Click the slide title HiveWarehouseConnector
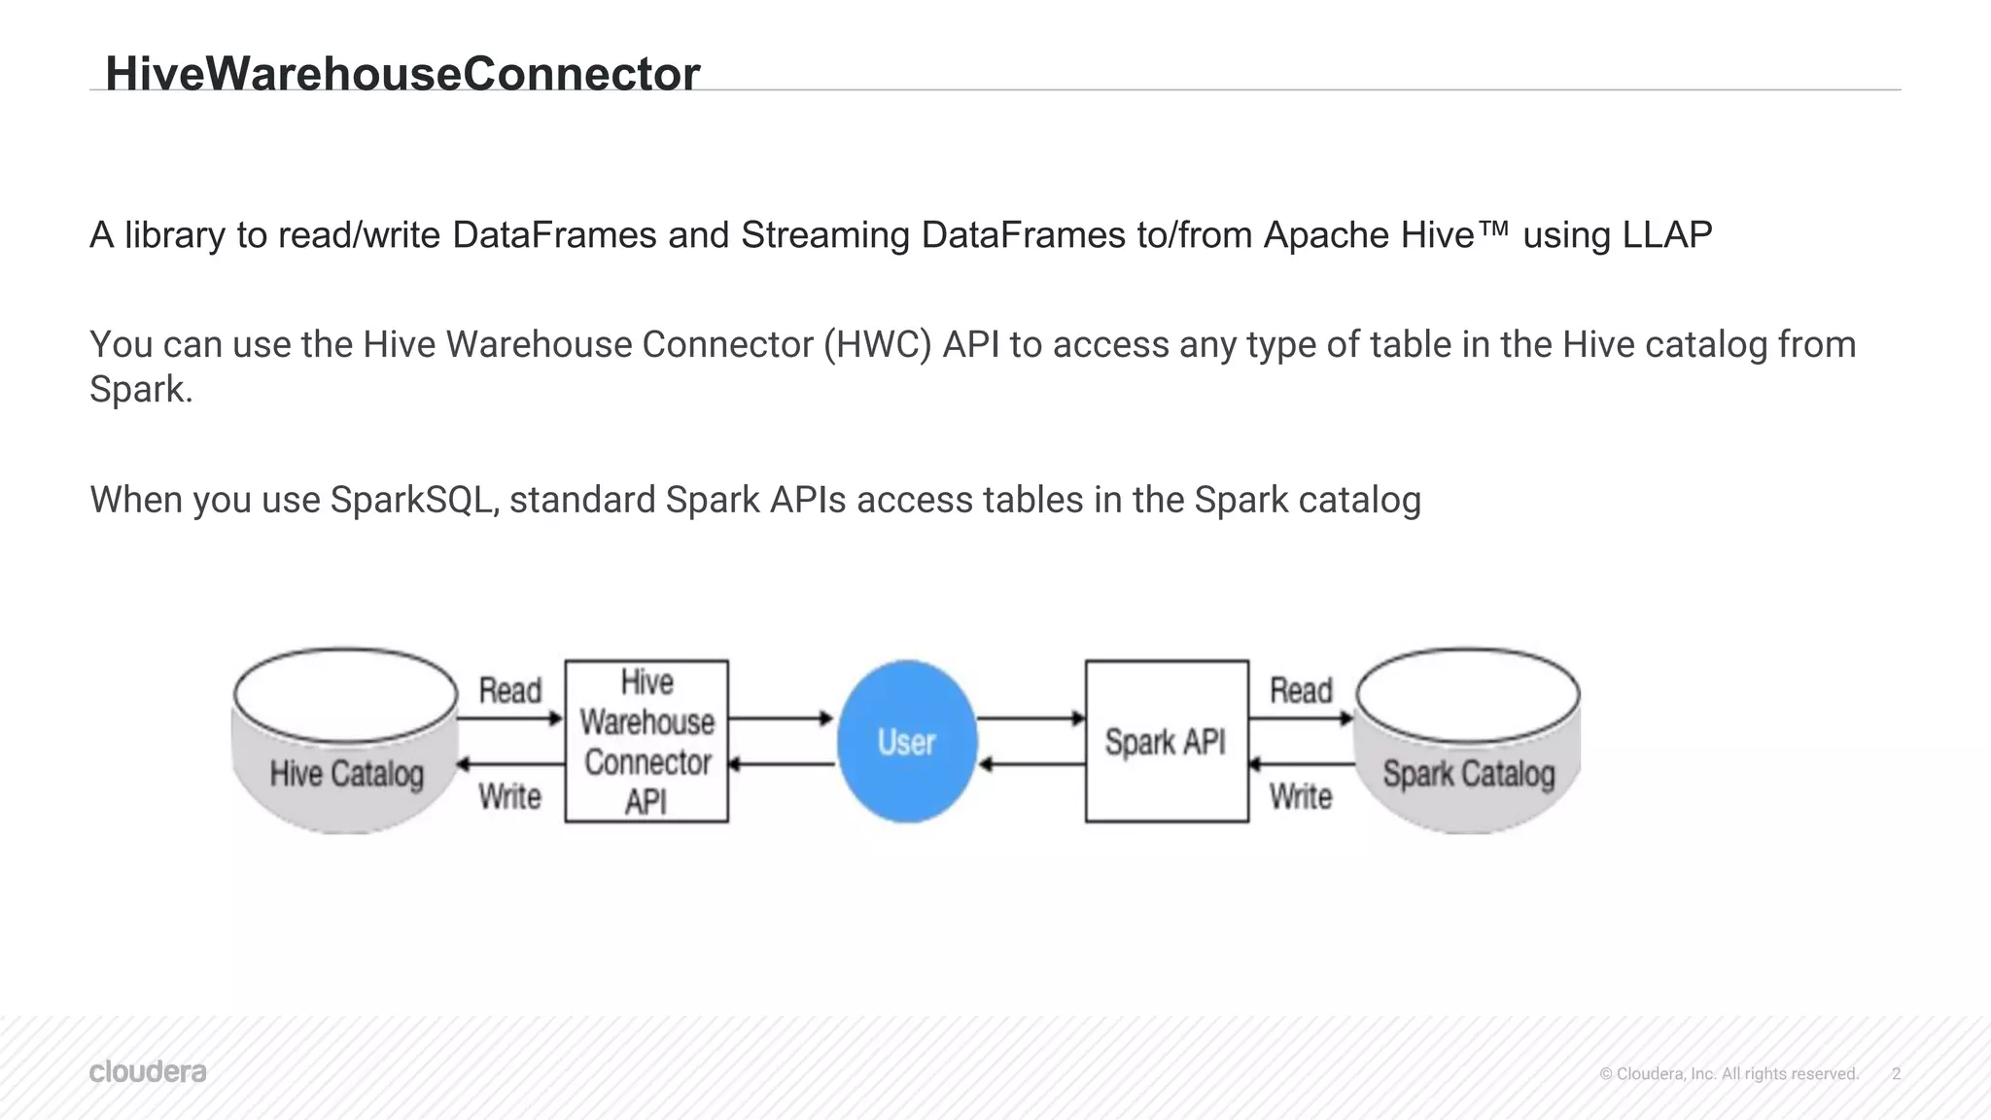[402, 74]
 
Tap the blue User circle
[906, 742]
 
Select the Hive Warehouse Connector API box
[646, 742]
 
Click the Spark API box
[1166, 742]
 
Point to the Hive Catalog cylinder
[346, 742]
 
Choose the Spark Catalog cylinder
[1467, 742]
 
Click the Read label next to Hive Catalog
[509, 690]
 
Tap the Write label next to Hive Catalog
[509, 796]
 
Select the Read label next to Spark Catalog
[1301, 690]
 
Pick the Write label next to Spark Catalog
[1301, 796]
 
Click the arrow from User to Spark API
[1030, 718]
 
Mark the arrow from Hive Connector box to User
[781, 718]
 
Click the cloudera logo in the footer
[148, 1071]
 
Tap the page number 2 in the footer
[1896, 1073]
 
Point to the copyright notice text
[1729, 1073]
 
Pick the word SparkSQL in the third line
[413, 500]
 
